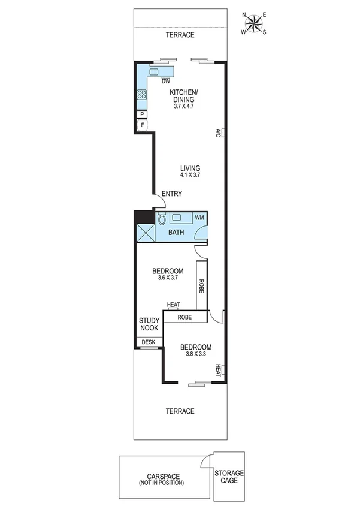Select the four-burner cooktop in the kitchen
[x=142, y=94]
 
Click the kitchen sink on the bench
[x=154, y=72]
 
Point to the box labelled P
[x=141, y=114]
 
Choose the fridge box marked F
[x=141, y=125]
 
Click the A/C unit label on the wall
[x=220, y=133]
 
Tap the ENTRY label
[x=172, y=194]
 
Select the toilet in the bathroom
[x=162, y=219]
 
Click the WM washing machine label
[x=199, y=217]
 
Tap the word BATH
[x=176, y=232]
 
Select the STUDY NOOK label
[x=149, y=324]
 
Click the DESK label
[x=148, y=342]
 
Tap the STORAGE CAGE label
[x=229, y=477]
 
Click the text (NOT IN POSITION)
[x=161, y=483]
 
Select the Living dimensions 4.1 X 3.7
[x=190, y=175]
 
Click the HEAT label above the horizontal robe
[x=174, y=305]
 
